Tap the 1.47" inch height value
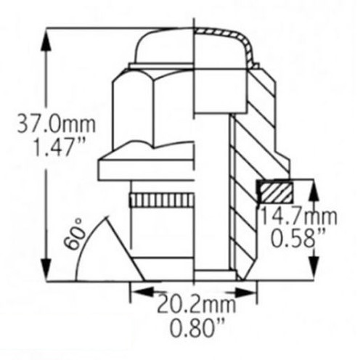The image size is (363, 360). pos(48,149)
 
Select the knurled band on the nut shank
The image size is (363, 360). pos(161,200)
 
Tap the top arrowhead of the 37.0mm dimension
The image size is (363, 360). pos(48,37)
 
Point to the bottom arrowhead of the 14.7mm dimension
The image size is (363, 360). pos(314,272)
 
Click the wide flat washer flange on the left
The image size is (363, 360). pos(145,169)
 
